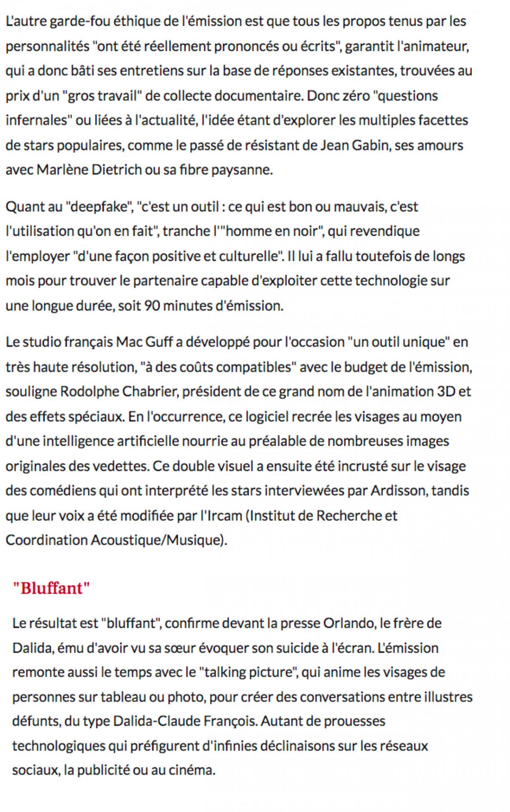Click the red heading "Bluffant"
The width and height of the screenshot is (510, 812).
[51, 588]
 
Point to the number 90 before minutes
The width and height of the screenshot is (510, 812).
[152, 306]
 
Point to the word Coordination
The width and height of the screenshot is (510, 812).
[46, 540]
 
